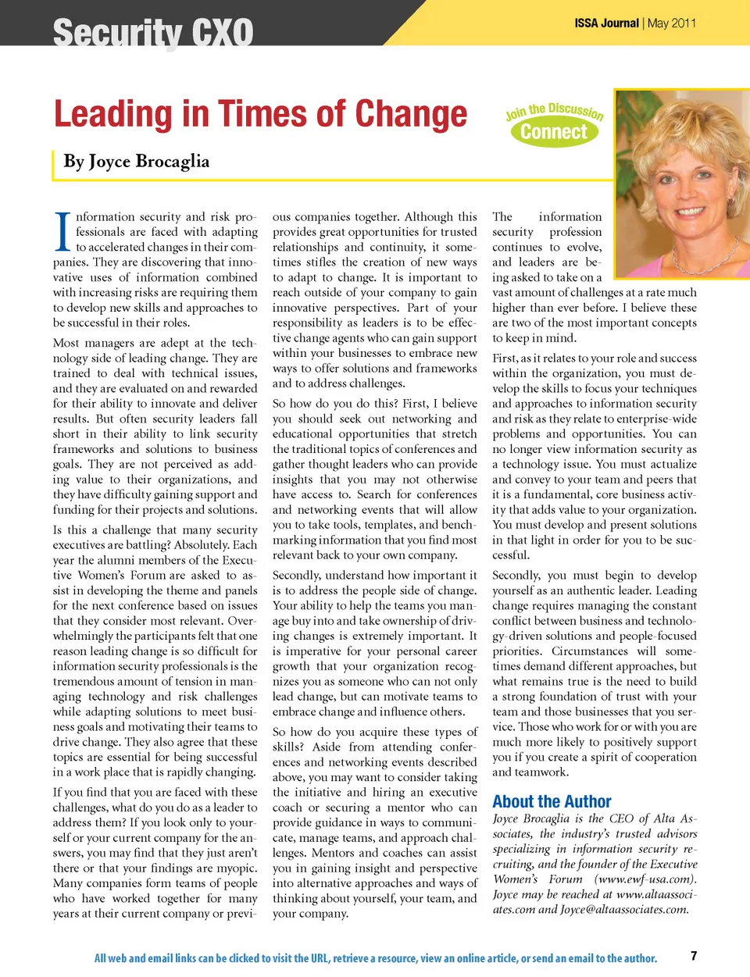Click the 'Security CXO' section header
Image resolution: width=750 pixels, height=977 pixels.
153,33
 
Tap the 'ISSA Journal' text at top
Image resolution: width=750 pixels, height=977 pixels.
606,23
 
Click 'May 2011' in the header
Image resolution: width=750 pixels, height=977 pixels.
672,23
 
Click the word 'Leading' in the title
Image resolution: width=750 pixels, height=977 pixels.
112,114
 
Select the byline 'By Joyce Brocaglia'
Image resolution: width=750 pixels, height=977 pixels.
137,162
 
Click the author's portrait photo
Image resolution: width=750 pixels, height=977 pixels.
682,184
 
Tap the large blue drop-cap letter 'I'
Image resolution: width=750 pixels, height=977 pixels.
63,232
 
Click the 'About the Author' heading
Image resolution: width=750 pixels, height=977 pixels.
552,801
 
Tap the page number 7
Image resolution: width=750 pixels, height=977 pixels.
694,955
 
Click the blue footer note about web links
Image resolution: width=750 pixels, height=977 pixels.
375,958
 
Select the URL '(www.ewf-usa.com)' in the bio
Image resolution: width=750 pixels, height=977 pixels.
645,879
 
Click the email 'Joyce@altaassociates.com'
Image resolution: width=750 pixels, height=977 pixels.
624,909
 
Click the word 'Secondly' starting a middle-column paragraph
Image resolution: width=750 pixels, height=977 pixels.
297,576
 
